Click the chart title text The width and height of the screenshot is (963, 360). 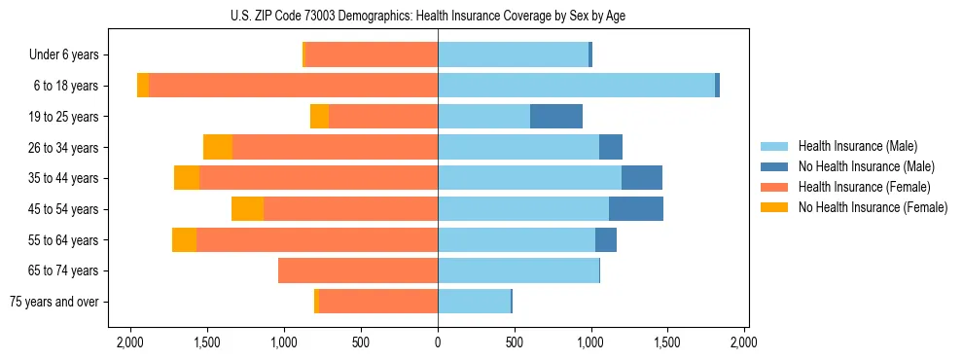click(438, 16)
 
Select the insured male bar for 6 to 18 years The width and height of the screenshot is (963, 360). click(576, 86)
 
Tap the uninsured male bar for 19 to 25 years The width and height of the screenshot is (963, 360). click(556, 117)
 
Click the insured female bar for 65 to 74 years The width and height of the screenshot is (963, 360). click(358, 270)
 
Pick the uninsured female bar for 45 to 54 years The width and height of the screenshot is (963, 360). click(248, 209)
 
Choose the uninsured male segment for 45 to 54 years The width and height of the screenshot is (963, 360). click(636, 209)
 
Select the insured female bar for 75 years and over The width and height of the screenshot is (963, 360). click(378, 302)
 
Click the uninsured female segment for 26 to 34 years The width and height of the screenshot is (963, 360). click(218, 148)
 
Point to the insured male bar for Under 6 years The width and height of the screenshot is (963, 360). click(514, 55)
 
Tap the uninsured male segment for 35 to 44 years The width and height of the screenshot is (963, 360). click(642, 178)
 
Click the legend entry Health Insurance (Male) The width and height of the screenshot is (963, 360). click(857, 146)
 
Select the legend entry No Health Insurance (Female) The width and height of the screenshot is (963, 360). click(872, 207)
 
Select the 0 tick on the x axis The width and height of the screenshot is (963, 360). click(438, 342)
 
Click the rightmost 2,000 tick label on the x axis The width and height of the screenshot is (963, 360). click(744, 342)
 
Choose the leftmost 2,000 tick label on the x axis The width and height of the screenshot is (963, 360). click(130, 342)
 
